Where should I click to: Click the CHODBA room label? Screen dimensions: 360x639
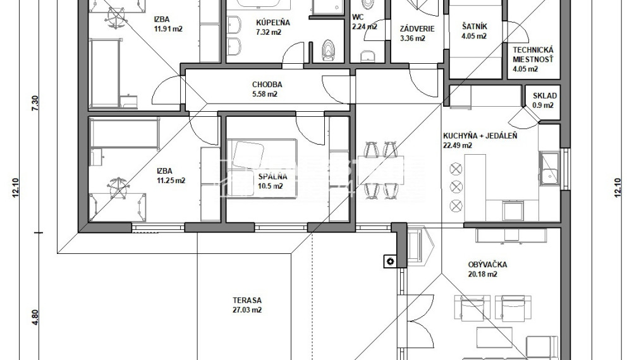(267, 85)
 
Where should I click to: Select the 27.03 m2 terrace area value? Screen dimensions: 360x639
(246, 310)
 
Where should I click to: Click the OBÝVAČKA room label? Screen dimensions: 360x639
(487, 265)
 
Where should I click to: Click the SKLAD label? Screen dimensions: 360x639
(543, 96)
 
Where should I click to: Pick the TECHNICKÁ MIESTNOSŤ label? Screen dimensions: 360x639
(533, 54)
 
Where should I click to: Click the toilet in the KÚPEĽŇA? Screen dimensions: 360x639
(327, 50)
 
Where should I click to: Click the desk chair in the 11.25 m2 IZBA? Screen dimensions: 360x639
(116, 188)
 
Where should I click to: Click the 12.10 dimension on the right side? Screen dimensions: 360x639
(618, 188)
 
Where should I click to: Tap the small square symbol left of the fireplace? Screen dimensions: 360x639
(391, 261)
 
